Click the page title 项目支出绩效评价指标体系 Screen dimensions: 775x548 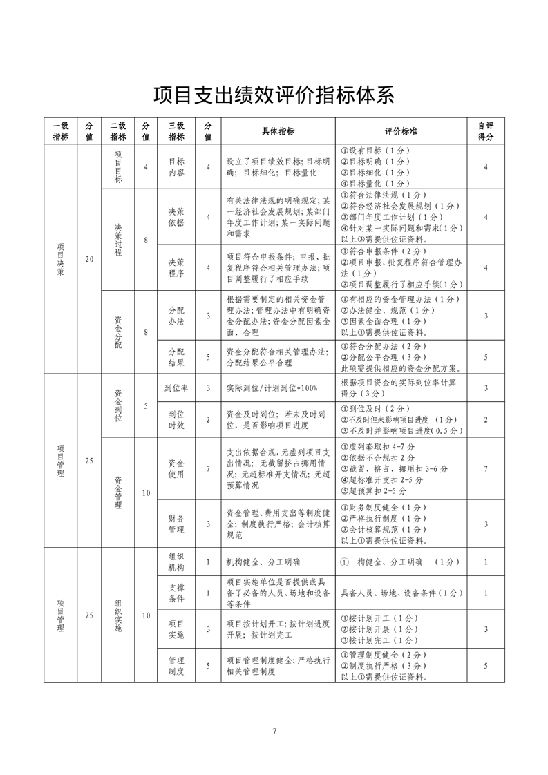[x=274, y=94]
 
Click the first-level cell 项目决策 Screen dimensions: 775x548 [x=61, y=259]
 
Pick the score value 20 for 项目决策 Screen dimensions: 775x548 [x=88, y=259]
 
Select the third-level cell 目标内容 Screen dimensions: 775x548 [x=176, y=167]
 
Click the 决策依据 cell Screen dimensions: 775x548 [x=176, y=218]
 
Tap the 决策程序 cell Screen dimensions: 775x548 [x=176, y=268]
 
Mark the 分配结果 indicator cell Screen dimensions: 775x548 [x=176, y=356]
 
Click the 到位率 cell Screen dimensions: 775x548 [x=176, y=388]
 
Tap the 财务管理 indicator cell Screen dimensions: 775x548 [x=176, y=524]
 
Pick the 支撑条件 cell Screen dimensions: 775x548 [x=176, y=593]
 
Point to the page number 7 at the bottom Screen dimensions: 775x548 [x=274, y=731]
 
